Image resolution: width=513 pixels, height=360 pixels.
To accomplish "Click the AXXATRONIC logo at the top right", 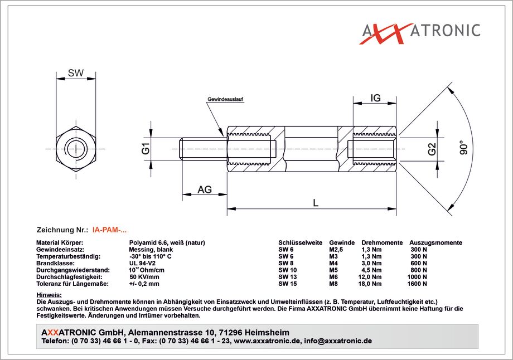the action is (421, 33).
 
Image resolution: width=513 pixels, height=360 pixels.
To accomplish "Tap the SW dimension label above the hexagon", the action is (76, 73).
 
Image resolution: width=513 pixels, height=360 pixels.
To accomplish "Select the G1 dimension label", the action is (146, 149).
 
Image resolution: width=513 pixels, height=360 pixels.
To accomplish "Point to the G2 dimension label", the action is (432, 149).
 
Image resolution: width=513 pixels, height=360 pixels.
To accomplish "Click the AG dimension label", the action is (205, 189).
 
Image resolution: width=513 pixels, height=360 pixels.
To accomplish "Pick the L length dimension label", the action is (316, 203).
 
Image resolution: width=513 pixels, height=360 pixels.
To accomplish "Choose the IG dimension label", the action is (375, 98).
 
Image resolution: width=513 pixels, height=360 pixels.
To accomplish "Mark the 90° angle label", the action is (463, 147).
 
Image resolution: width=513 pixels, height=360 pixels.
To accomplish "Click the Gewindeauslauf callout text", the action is (225, 99).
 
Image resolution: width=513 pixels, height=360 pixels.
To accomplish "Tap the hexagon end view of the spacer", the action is (76, 149).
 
